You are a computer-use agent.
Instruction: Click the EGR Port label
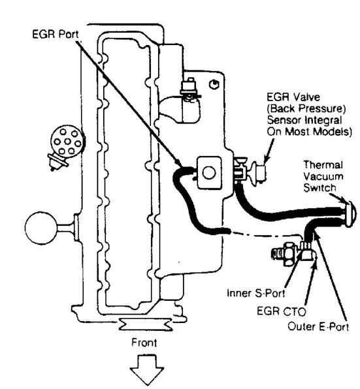[56, 34]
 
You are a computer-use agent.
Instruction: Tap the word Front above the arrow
[144, 343]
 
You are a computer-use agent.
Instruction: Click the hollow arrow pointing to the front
[147, 370]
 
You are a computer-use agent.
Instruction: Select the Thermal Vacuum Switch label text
[323, 176]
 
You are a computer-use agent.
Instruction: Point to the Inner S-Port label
[256, 293]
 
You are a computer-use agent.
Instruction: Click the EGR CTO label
[282, 311]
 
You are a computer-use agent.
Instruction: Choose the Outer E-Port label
[318, 326]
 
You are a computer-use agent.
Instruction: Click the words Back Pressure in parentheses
[306, 108]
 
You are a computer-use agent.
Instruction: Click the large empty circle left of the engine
[41, 228]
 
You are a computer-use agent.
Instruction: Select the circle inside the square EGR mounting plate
[209, 173]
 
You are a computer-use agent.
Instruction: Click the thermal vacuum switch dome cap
[350, 214]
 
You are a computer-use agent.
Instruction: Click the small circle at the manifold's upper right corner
[214, 84]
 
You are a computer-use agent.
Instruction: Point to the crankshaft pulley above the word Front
[146, 324]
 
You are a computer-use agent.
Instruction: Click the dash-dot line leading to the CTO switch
[267, 234]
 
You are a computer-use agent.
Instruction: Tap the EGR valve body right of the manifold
[258, 172]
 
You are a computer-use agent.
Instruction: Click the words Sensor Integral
[304, 120]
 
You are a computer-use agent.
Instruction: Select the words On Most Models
[309, 131]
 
